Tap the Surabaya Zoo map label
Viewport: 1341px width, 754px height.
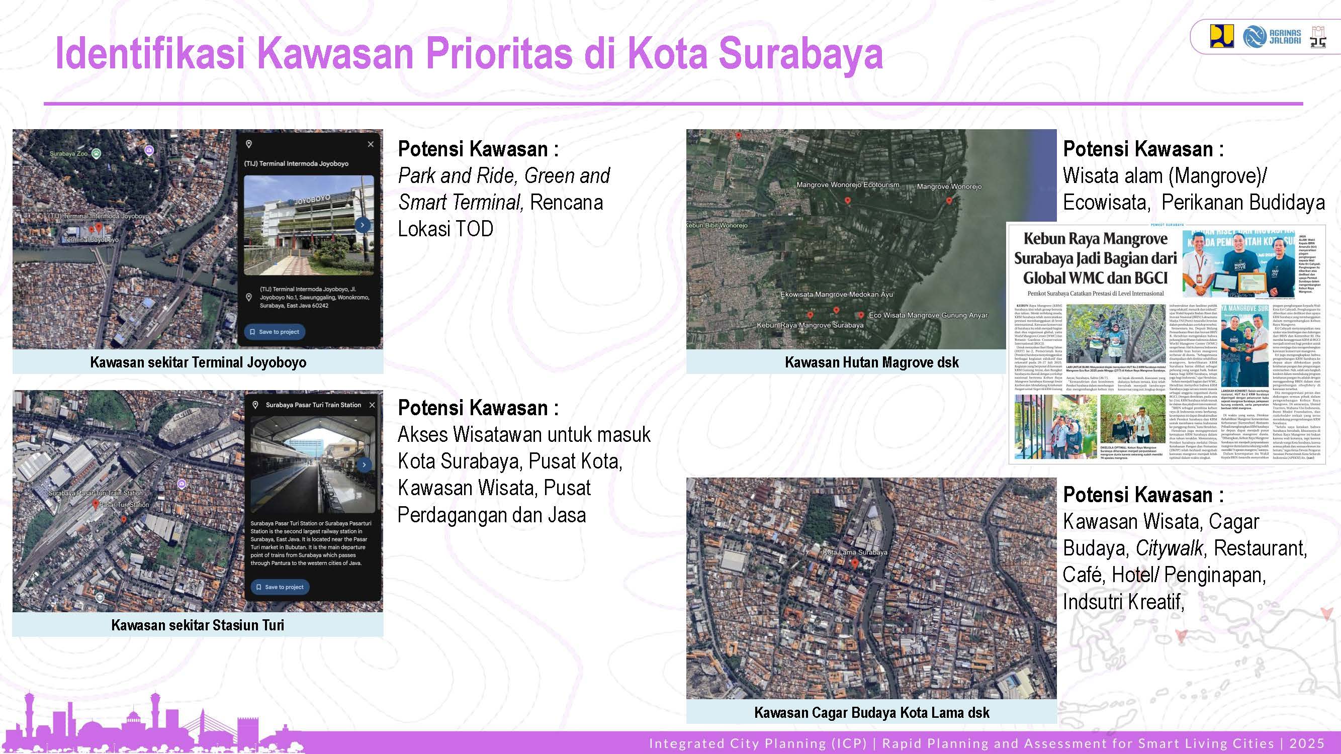[69, 154]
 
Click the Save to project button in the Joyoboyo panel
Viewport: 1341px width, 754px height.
[275, 331]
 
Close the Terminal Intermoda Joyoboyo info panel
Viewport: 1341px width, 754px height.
[371, 144]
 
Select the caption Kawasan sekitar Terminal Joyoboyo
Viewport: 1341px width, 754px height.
[198, 362]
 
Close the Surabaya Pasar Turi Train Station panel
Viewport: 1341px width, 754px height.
[372, 405]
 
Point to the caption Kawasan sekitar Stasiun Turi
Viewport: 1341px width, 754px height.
[198, 625]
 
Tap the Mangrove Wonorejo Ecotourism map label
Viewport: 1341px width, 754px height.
[848, 184]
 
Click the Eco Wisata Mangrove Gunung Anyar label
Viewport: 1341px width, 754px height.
[928, 315]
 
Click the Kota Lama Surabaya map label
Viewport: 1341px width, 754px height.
[855, 552]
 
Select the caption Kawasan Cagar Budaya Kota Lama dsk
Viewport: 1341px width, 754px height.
[871, 712]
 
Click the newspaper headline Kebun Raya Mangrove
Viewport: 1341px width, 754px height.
[1095, 239]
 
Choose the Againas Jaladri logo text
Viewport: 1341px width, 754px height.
[1284, 36]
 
